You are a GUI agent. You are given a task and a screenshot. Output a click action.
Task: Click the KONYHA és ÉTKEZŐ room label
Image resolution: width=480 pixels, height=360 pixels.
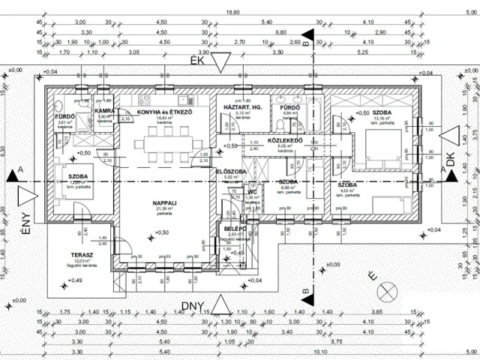(165, 112)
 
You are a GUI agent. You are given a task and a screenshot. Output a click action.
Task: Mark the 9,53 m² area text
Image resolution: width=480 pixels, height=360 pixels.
(346, 190)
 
